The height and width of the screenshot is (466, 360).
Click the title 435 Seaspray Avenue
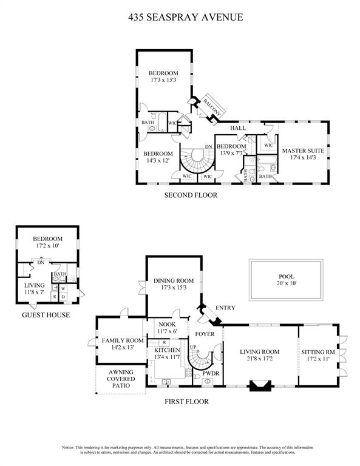pos(186,17)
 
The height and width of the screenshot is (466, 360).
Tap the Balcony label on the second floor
pos(212,107)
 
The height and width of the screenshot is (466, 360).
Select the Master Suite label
pos(303,150)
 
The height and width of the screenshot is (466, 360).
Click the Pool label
pos(287,277)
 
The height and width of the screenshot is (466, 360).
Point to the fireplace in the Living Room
pos(260,385)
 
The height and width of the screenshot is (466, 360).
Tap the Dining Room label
pos(174,280)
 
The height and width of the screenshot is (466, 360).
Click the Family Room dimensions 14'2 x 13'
pos(123,348)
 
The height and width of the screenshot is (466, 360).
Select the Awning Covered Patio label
pos(121,379)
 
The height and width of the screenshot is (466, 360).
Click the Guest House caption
pos(46,315)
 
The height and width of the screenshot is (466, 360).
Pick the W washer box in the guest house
pos(63,289)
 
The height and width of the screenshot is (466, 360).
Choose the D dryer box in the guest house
pos(63,297)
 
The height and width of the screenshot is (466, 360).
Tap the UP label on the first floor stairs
pos(193,347)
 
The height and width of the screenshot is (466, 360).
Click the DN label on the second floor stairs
pos(208,147)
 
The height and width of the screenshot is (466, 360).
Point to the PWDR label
pos(211,373)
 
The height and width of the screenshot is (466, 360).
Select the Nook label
pos(167,324)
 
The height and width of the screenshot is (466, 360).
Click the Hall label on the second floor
pos(238,128)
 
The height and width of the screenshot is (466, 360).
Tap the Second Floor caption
pos(191,195)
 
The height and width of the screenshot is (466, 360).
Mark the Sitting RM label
pos(318,352)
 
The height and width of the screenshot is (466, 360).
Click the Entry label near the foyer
pos(225,308)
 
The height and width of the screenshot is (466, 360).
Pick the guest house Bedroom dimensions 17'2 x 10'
pos(47,246)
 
